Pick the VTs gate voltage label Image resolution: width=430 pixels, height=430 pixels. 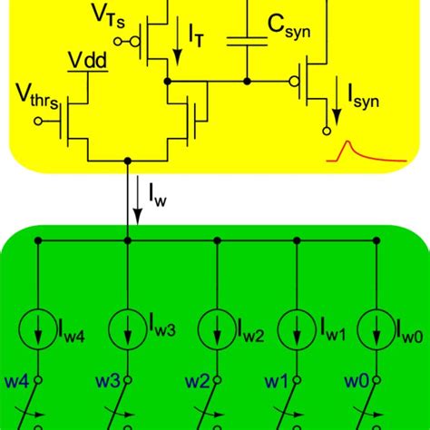109,17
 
